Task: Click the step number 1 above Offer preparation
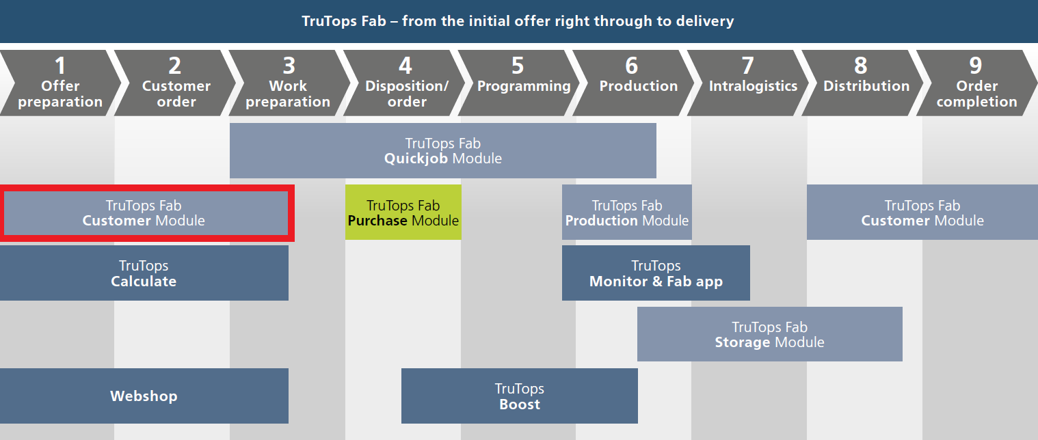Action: (59, 66)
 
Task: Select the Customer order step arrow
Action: (176, 83)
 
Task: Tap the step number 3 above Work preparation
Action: (289, 66)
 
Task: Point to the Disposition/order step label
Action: (407, 94)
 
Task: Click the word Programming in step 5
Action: (524, 87)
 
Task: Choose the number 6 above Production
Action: (632, 66)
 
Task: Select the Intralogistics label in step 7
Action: (753, 86)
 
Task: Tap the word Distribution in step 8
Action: (866, 85)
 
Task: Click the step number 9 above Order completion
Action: (976, 66)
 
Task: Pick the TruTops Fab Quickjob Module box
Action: (443, 150)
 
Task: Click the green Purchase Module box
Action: (403, 212)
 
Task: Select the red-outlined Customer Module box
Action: (146, 213)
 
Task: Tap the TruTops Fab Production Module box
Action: (627, 212)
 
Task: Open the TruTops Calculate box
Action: (144, 273)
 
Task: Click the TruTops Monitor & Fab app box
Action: (656, 273)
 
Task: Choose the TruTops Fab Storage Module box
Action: (770, 334)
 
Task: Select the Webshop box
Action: (144, 396)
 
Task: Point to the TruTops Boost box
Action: (520, 396)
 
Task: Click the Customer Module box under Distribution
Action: (922, 212)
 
